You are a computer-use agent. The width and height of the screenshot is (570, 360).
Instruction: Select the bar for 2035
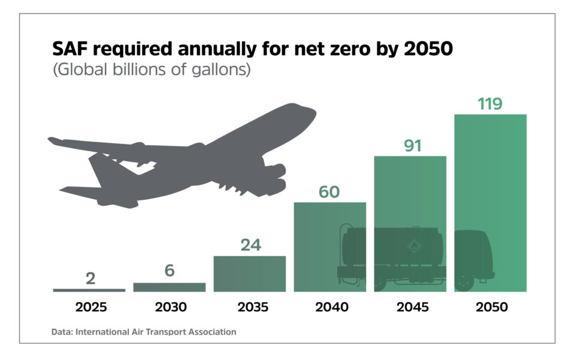point(250,274)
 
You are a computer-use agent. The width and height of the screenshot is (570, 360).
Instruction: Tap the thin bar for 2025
point(89,290)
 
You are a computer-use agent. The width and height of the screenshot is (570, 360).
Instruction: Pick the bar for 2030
point(169,287)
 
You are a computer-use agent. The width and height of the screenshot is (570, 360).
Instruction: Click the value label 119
point(490,104)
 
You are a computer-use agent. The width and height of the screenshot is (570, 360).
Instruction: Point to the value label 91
point(413,146)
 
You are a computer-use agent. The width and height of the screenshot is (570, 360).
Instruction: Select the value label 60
point(329,192)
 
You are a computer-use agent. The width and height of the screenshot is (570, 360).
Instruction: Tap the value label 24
point(250,245)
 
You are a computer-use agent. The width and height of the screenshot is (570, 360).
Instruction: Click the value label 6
point(170,271)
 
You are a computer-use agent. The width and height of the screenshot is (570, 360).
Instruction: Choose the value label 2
point(90,278)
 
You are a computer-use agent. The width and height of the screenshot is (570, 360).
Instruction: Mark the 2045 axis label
point(412,307)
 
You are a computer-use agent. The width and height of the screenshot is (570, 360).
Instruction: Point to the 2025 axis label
point(91,307)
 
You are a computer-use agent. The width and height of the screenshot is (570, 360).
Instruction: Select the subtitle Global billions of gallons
point(151,69)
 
